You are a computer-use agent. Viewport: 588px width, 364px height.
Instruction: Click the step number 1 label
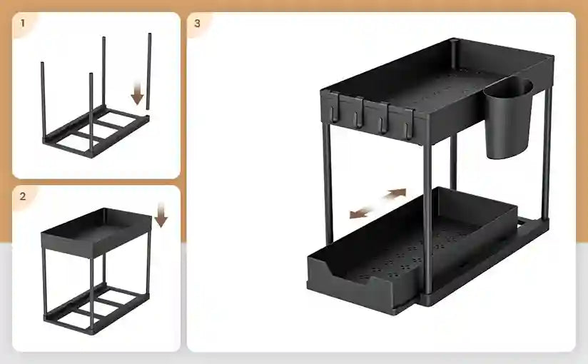(23, 23)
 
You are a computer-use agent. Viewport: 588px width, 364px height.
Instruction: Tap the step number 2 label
(23, 196)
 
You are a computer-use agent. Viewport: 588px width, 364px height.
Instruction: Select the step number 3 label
(198, 23)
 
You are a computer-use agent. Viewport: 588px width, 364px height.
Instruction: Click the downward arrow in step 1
(138, 91)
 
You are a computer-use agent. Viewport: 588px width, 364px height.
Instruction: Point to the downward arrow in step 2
(161, 213)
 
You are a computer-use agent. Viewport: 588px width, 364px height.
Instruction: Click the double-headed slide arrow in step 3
(377, 204)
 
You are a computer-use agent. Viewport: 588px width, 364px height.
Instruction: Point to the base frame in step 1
(96, 132)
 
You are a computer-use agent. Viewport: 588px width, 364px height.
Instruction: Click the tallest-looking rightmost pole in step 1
(149, 71)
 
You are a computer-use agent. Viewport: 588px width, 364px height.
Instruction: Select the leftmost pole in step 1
(43, 100)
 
